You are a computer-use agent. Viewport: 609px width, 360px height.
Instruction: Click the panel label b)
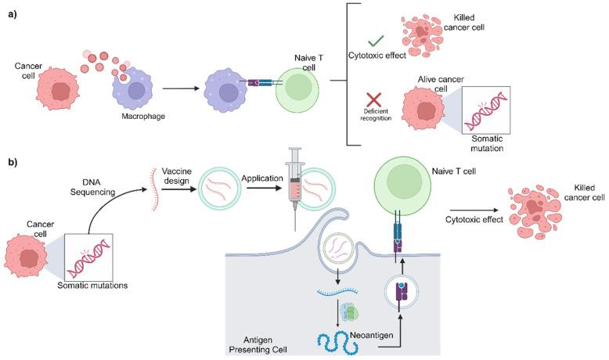(13, 162)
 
